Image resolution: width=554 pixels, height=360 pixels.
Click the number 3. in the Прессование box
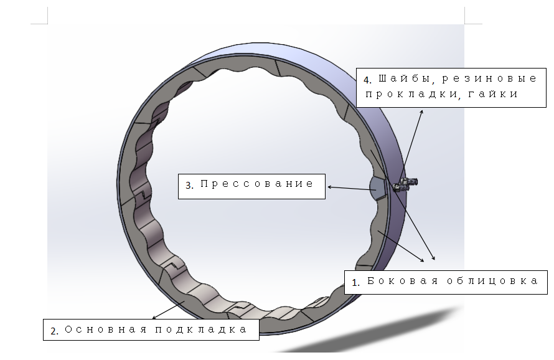190,184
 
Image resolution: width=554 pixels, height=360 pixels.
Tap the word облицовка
492,281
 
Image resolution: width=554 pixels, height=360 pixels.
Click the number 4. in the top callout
367,80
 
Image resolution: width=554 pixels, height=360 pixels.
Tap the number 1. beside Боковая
355,282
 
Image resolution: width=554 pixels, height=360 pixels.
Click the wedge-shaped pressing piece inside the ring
378,187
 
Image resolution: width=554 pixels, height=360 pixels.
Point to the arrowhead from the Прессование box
330,186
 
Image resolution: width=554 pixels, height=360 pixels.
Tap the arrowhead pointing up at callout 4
422,112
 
